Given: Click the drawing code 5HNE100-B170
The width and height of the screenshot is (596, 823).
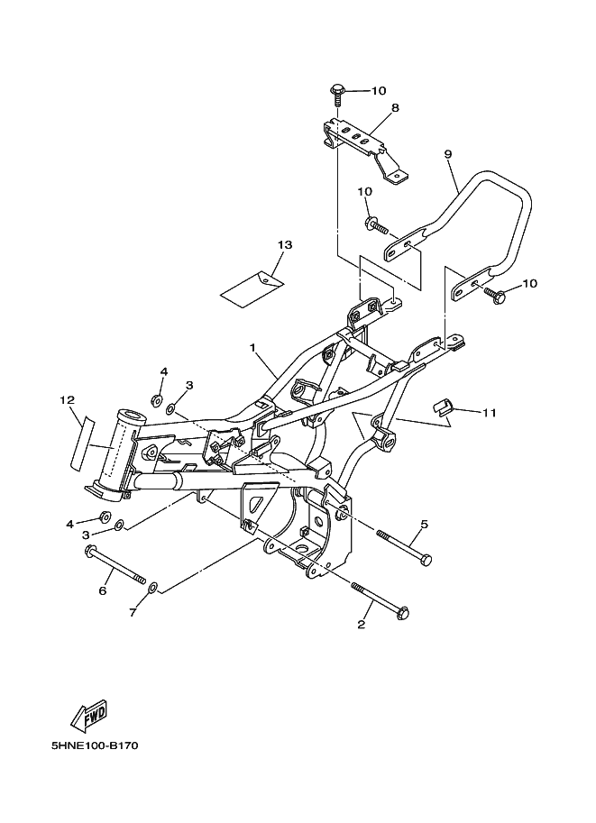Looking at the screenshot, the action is click(95, 746).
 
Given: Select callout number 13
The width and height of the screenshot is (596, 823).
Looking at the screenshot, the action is click(285, 244).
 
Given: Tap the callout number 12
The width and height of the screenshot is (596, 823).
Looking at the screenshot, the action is click(68, 400).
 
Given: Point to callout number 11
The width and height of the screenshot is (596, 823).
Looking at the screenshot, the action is click(490, 413).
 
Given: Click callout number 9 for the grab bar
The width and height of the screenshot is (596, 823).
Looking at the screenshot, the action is click(448, 154).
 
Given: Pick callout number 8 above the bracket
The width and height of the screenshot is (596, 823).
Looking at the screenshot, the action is click(396, 107).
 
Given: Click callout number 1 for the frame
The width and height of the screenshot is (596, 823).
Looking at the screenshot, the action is click(252, 347).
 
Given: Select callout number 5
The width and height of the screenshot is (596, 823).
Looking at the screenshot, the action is click(425, 524).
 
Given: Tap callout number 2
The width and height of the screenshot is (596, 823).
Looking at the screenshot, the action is click(362, 625).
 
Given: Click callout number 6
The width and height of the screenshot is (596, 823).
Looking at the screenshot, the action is click(103, 591).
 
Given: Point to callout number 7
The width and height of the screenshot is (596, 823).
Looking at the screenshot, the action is click(133, 612).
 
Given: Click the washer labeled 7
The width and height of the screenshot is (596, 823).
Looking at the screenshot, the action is click(152, 587).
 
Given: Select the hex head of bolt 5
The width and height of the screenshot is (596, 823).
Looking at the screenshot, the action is click(426, 560).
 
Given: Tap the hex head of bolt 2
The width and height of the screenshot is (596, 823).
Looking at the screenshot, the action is click(403, 613).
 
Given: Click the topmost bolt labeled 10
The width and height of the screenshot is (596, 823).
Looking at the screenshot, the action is click(336, 95).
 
